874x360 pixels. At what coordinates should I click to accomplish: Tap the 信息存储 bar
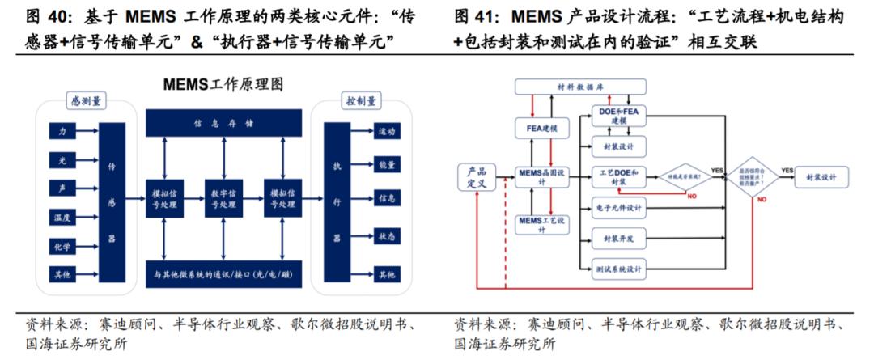click(x=223, y=124)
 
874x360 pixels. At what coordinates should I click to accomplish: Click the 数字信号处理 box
click(x=223, y=199)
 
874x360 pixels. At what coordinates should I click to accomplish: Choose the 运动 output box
click(x=386, y=130)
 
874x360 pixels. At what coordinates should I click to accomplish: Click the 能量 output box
click(x=386, y=165)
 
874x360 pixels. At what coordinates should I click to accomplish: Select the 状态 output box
click(x=386, y=236)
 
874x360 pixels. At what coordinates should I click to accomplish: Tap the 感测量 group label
click(x=87, y=101)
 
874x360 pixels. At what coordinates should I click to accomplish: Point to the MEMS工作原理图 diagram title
click(x=223, y=83)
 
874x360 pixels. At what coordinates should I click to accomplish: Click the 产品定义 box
click(x=477, y=178)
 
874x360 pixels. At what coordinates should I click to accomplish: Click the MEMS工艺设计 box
click(x=543, y=224)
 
